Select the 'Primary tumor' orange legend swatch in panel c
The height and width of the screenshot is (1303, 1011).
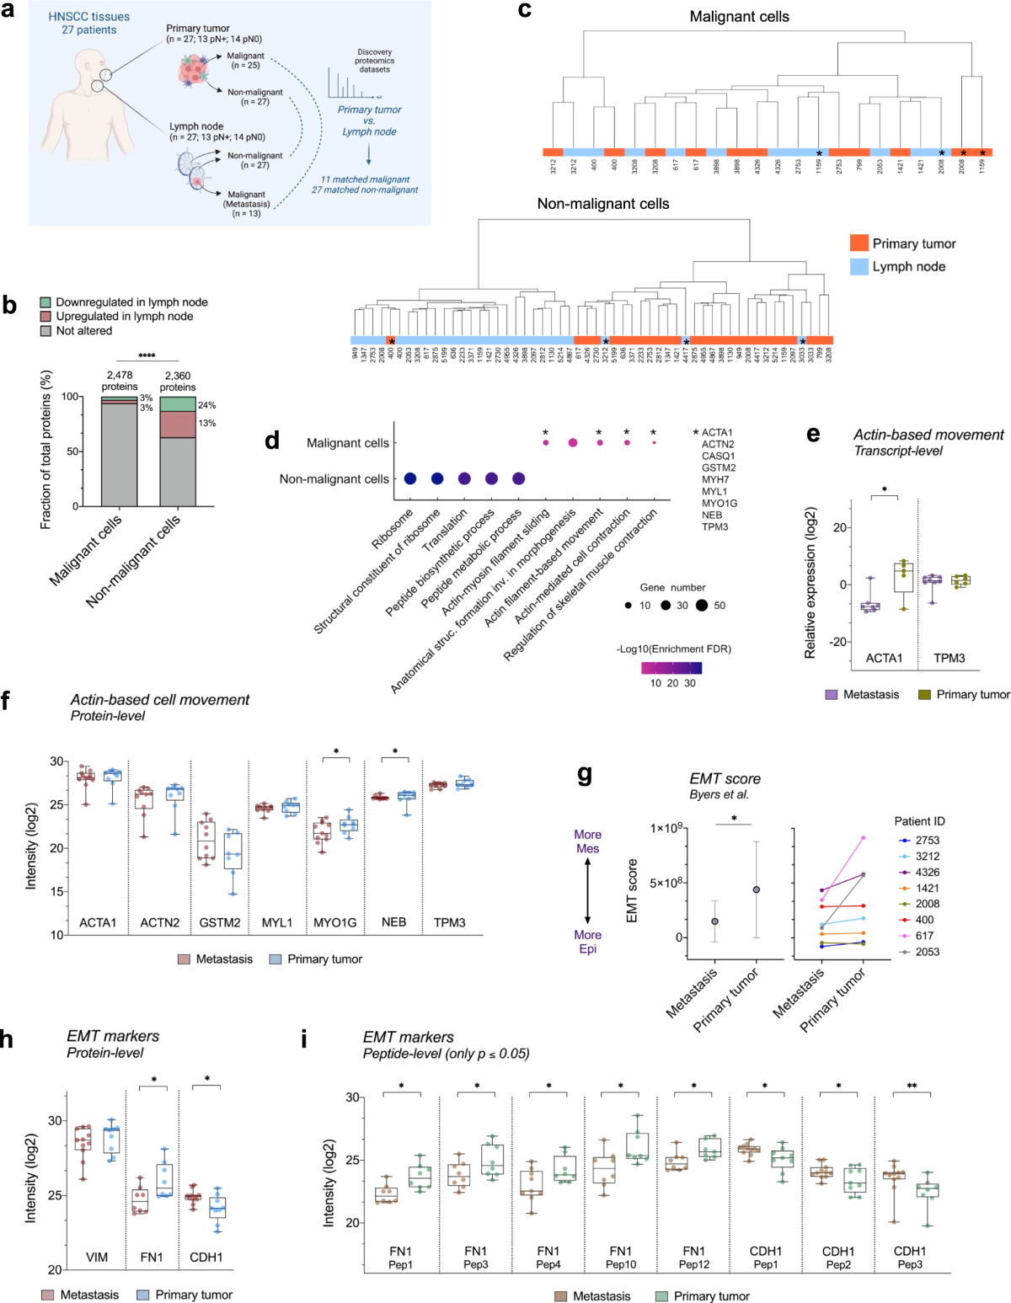pos(859,243)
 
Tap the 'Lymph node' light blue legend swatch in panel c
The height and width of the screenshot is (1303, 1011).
pos(859,266)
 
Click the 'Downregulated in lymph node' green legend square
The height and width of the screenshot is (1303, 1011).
pos(45,302)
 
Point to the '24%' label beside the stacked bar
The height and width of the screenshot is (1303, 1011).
pos(206,405)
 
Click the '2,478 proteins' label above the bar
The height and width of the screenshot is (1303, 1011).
pos(119,381)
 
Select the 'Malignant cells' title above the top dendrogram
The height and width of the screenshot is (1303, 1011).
pos(739,17)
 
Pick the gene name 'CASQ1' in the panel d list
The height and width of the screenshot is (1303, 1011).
pos(718,456)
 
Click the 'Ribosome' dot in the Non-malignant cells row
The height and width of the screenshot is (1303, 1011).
pos(410,478)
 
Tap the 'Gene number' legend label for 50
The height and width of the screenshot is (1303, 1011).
pos(719,606)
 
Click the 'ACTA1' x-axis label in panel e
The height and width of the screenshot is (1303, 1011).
pos(884,658)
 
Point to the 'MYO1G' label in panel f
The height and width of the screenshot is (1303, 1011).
pos(334,922)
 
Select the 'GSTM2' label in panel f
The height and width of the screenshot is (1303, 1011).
pos(220,922)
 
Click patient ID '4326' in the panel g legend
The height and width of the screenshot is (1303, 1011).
pos(927,872)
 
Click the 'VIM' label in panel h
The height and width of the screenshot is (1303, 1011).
pos(97,1257)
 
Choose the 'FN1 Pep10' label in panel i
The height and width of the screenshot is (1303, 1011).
pos(621,1258)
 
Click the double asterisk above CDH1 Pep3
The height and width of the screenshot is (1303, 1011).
pos(912,1087)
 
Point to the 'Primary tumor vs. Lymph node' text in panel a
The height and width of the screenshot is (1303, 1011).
pos(369,120)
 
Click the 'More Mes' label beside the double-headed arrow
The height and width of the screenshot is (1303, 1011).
pos(587,841)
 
